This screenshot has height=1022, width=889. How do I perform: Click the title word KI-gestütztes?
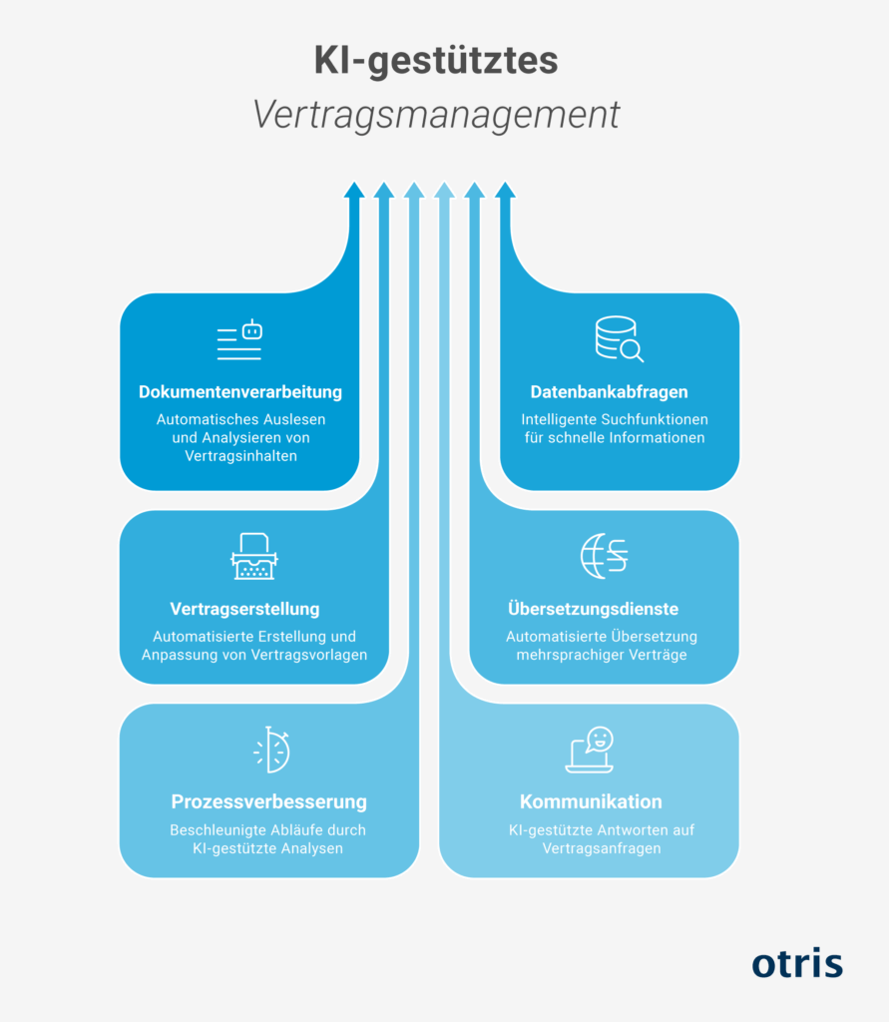point(435,61)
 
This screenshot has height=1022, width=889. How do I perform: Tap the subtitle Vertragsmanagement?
point(435,116)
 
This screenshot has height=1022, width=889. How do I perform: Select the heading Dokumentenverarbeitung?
point(239,391)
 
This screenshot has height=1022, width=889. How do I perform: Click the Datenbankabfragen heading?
point(609,391)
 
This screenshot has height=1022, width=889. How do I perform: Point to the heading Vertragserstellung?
point(244,609)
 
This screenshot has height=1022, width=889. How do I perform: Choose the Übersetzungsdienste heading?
point(593,609)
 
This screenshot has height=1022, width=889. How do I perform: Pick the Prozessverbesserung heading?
point(268,801)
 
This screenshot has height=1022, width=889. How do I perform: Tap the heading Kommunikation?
point(591,801)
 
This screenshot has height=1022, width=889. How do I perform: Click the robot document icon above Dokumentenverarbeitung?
point(239,339)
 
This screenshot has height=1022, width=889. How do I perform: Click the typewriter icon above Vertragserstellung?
point(253,556)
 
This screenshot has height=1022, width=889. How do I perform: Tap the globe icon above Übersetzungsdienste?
point(605,556)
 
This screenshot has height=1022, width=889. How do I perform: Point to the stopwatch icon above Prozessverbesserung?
point(271,750)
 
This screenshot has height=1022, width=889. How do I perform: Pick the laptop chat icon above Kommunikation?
point(590,750)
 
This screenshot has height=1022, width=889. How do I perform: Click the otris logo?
point(797,963)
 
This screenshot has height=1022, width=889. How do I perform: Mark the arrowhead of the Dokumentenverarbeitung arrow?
point(354,190)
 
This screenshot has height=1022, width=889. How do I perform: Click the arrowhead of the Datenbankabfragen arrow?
point(505,190)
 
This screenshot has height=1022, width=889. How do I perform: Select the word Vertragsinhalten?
point(240,455)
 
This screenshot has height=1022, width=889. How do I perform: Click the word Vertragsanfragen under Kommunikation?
point(602,848)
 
